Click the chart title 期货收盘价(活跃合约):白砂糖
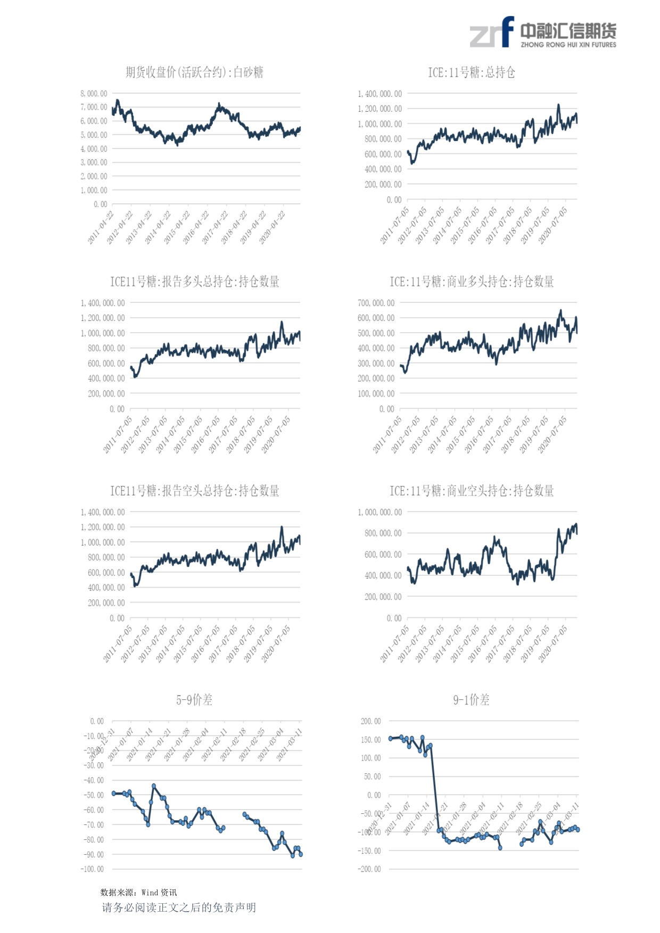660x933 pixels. click(194, 72)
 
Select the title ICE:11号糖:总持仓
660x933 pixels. click(472, 72)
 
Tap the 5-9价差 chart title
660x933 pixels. click(194, 700)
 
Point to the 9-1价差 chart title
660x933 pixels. click(471, 700)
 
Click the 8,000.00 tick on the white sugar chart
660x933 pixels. click(94, 94)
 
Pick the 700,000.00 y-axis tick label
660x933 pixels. click(376, 303)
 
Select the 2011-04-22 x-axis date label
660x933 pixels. click(101, 228)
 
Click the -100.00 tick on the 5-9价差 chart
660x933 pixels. click(93, 869)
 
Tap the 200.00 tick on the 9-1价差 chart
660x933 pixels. click(371, 721)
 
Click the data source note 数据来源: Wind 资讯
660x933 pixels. click(138, 893)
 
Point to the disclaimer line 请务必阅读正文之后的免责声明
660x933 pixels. click(179, 907)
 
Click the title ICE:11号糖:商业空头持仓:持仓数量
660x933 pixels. click(472, 491)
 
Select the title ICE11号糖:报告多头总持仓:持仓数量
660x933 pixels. click(194, 282)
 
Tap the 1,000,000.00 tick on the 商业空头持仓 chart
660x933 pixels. click(380, 512)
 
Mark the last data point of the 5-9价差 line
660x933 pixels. click(301, 854)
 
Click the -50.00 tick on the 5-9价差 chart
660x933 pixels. click(94, 795)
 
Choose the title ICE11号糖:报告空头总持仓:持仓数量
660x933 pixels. click(194, 491)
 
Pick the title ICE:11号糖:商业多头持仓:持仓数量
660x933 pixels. click(472, 282)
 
